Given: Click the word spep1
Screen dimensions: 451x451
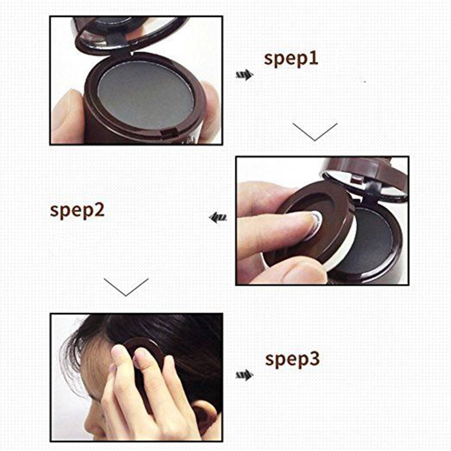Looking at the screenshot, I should coord(291,59).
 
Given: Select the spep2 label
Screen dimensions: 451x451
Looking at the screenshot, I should coord(77,211).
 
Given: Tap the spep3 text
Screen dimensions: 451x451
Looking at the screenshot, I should coord(292,359).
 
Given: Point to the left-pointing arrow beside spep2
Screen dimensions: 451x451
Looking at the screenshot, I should coord(217,218).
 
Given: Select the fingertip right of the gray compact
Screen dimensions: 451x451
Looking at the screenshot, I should coord(211,106).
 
